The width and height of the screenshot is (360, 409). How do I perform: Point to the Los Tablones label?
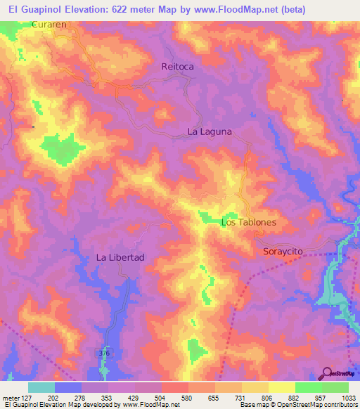coord(249,222)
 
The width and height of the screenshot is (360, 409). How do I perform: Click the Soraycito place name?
coord(287,250)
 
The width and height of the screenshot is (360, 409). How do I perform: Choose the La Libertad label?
coord(120,257)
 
